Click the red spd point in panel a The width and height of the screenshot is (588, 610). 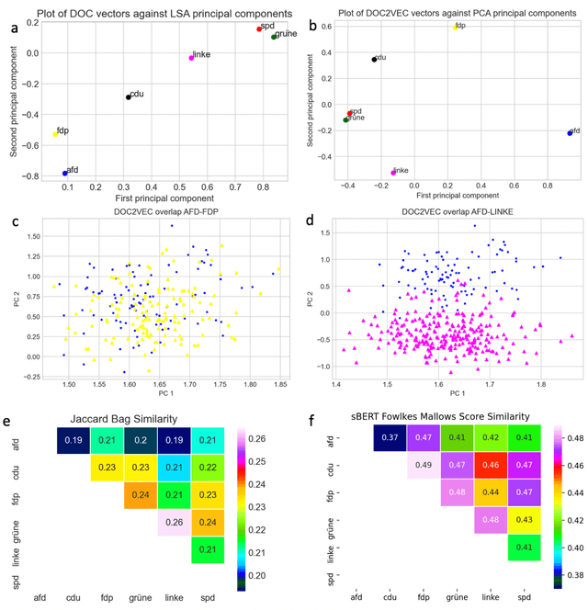tap(259, 29)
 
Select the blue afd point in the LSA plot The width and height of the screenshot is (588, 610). tap(64, 173)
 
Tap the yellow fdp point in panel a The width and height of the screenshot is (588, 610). tap(55, 134)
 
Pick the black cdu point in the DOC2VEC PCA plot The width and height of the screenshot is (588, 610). tap(374, 60)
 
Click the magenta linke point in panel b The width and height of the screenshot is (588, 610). tap(393, 172)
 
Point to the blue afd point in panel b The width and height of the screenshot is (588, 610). tap(569, 133)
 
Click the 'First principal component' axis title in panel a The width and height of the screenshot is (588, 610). tap(163, 198)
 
